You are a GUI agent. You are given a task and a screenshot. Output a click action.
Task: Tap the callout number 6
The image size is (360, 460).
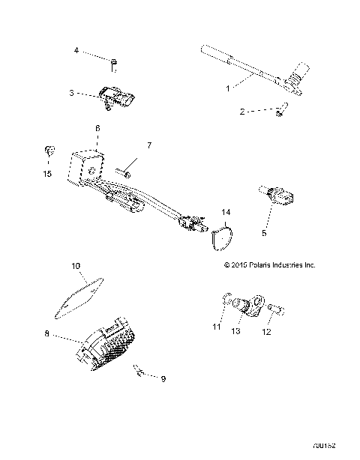point(97,129)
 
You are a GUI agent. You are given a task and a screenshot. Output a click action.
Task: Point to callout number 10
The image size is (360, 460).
point(75,265)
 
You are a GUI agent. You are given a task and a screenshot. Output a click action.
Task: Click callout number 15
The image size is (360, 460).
point(48,175)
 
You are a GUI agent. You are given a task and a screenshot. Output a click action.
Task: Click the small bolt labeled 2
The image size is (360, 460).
point(278,112)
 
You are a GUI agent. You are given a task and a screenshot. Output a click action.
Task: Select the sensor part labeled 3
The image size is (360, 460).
point(118,97)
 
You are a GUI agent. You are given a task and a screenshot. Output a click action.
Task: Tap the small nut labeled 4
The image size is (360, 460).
point(113,62)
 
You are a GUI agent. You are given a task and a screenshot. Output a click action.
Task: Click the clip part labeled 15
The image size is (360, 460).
point(48,152)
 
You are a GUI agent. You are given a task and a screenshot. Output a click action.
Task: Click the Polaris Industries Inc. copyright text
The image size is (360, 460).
point(269,264)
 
